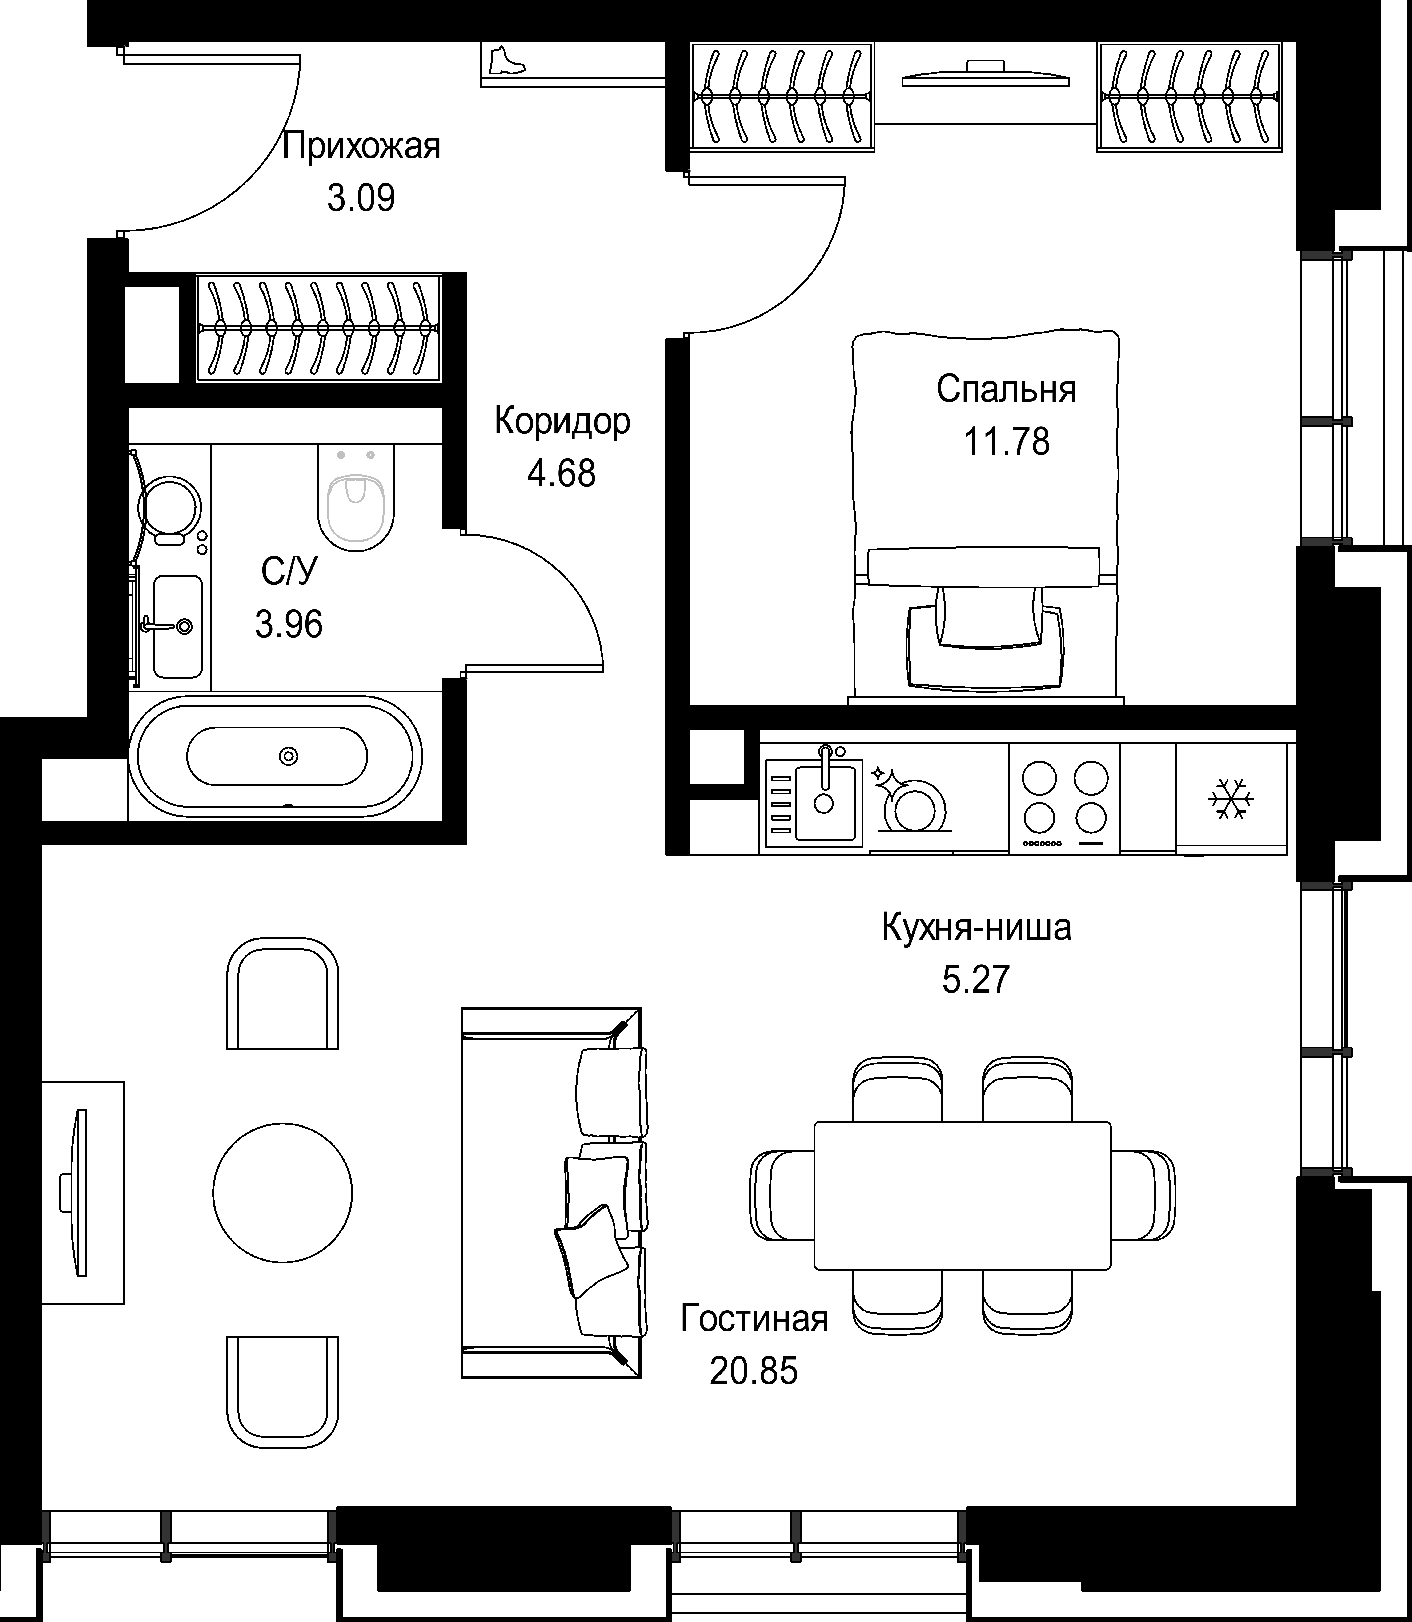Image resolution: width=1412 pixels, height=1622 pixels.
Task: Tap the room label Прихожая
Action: pos(362,147)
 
